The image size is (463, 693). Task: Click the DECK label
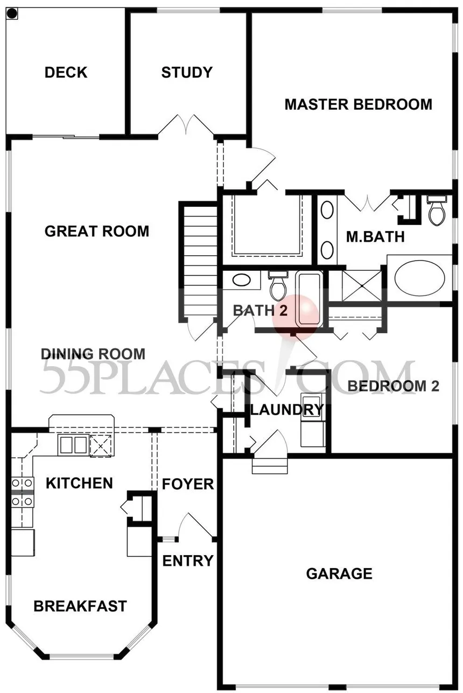[x=66, y=72]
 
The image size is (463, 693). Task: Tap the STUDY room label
[x=187, y=72]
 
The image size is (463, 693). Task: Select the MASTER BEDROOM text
[x=358, y=104]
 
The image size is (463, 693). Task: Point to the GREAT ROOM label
[x=97, y=232]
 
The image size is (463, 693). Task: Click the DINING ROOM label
[x=93, y=354]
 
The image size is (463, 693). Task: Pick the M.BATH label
[x=375, y=237]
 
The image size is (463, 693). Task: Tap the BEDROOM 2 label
[x=394, y=386]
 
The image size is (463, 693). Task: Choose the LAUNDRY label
[x=287, y=410]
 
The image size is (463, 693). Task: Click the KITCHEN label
[x=79, y=483]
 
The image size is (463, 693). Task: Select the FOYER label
[x=188, y=485]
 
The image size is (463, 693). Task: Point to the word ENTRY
[x=188, y=561]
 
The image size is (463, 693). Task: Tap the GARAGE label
[x=339, y=574]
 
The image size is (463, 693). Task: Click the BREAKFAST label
[x=80, y=606]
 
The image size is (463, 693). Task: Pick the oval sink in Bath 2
[x=241, y=281]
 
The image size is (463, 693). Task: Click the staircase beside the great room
[x=198, y=261]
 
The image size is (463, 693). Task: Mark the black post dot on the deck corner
[x=12, y=13]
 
